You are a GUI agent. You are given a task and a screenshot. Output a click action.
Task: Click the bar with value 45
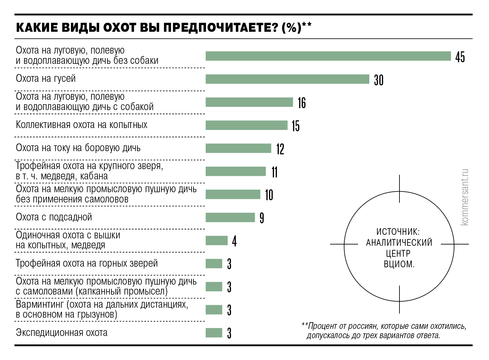pyautogui.click(x=328, y=56)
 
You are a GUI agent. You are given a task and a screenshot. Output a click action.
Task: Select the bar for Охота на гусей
pyautogui.click(x=287, y=79)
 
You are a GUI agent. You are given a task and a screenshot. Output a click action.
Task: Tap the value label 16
pyautogui.click(x=302, y=103)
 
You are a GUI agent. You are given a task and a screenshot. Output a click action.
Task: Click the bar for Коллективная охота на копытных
pyautogui.click(x=246, y=125)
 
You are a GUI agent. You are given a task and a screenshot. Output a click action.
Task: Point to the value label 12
pyautogui.click(x=280, y=149)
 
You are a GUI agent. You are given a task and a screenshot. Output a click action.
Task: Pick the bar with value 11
pyautogui.click(x=236, y=172)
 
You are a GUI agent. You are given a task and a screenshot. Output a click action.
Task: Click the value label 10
pyautogui.click(x=269, y=195)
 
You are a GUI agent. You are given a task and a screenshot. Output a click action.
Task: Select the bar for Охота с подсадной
pyautogui.click(x=230, y=218)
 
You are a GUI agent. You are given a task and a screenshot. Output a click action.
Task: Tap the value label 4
pyautogui.click(x=235, y=241)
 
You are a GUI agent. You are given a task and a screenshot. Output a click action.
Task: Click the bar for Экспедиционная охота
pyautogui.click(x=214, y=333)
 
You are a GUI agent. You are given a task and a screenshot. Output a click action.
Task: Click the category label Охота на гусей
pyautogui.click(x=46, y=79)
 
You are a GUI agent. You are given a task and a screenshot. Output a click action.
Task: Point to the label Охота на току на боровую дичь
pyautogui.click(x=78, y=148)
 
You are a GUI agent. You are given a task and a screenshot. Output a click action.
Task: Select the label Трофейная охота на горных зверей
pyautogui.click(x=87, y=263)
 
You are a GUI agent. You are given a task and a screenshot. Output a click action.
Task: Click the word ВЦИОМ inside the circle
pyautogui.click(x=399, y=264)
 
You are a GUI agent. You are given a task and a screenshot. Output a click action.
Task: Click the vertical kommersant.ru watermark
pyautogui.click(x=464, y=197)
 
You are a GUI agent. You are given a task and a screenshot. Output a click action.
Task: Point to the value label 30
pyautogui.click(x=379, y=80)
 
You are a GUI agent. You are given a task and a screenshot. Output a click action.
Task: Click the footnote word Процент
pyautogui.click(x=322, y=326)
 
